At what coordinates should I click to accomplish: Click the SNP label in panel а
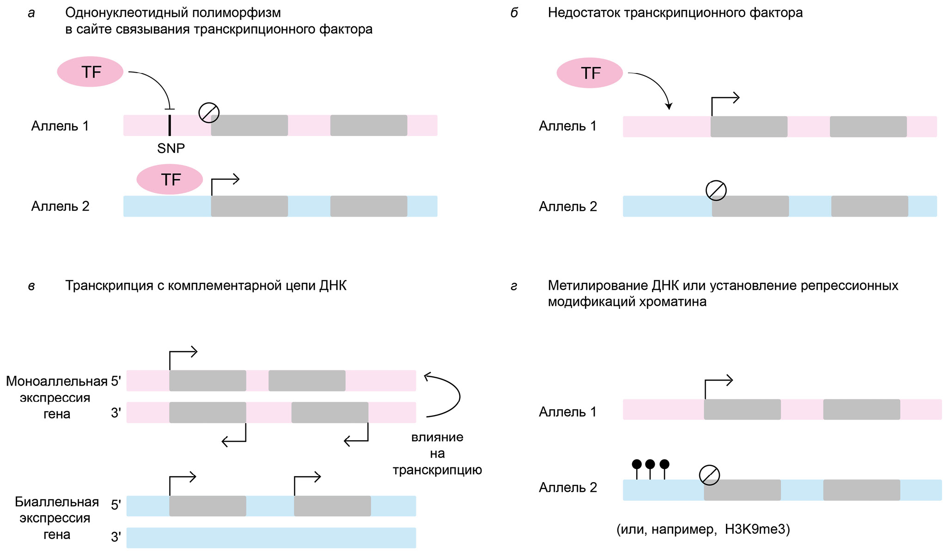[171, 148]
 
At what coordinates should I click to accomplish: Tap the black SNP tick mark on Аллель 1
[170, 125]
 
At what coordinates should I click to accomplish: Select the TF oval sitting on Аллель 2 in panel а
[170, 179]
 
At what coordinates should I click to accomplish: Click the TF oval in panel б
[590, 73]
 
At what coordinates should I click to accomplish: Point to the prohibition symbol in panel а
[209, 112]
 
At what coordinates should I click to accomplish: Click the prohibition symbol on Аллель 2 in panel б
[716, 190]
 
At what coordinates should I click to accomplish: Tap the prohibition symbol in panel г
[709, 475]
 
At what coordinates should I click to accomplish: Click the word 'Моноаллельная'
[56, 381]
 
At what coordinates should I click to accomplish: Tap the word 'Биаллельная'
[57, 502]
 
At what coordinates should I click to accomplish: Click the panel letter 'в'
[31, 286]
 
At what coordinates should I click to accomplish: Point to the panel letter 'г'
[514, 286]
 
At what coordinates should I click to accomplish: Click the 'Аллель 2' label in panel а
[60, 206]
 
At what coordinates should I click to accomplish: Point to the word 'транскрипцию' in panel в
[437, 470]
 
